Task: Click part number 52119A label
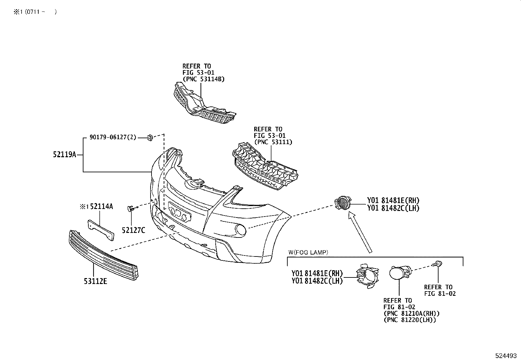(x=64, y=154)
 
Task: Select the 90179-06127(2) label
(x=113, y=138)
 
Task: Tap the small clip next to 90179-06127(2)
(x=151, y=138)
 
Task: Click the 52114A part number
(x=101, y=206)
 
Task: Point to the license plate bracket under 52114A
(x=101, y=230)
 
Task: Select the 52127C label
(x=133, y=230)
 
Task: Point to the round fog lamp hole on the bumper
(x=241, y=230)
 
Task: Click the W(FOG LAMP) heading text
(x=308, y=252)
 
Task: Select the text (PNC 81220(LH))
(x=410, y=320)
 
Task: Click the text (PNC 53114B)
(x=204, y=79)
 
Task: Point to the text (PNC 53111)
(x=273, y=142)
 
